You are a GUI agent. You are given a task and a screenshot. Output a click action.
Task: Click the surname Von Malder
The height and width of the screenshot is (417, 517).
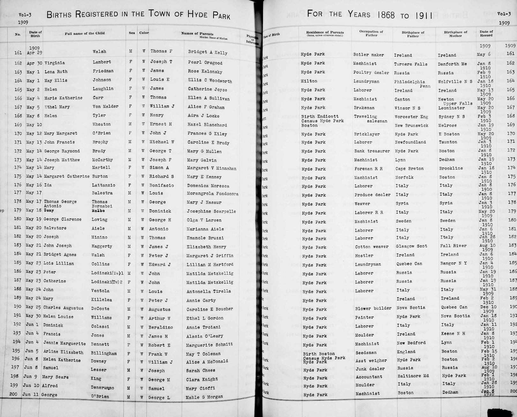[x=101, y=107]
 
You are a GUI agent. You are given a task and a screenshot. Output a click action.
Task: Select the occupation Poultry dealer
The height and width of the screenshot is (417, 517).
[x=371, y=73]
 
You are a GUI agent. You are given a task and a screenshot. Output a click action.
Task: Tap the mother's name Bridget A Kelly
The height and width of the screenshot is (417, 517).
[x=207, y=53]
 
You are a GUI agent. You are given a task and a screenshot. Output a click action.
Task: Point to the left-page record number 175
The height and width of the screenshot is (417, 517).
[x=18, y=176]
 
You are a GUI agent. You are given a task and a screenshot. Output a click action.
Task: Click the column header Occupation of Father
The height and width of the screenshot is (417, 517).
[x=371, y=33]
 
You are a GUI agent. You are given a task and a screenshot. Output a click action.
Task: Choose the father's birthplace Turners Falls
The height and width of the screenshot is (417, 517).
[x=410, y=64]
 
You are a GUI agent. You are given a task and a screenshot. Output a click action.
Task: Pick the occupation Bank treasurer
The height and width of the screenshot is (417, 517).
[x=371, y=151]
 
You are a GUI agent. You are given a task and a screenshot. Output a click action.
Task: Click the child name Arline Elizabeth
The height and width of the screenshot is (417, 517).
[x=63, y=353]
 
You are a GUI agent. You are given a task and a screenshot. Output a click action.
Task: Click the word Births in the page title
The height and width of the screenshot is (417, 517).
[x=59, y=14]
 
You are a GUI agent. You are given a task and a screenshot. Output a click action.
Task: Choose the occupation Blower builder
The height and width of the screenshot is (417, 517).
[x=373, y=308]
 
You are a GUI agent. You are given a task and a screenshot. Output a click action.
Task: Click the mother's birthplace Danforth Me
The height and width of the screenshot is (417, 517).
[x=452, y=64]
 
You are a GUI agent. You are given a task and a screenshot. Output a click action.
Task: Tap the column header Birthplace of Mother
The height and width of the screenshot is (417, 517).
[x=455, y=34]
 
